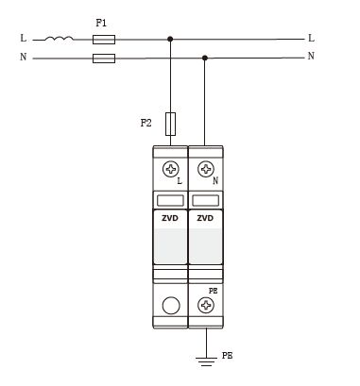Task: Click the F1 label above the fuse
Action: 101,23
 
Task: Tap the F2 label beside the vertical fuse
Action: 146,123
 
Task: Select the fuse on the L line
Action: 104,40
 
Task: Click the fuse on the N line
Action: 104,59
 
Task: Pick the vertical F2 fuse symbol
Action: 170,124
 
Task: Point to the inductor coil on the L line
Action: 59,39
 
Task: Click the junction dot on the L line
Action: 170,39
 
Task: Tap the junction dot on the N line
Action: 205,58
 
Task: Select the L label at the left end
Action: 24,38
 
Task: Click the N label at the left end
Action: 24,57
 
